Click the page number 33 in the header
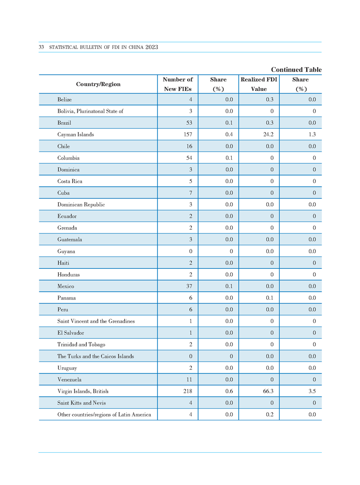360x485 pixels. pos(41,47)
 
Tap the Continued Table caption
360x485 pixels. pos(296,70)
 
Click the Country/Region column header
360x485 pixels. pos(98,84)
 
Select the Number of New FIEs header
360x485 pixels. pos(178,84)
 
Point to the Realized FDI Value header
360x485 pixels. pos(259,84)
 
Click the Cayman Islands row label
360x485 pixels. pos(75,135)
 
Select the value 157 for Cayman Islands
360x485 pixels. pos(188,135)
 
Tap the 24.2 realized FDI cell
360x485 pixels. pos(268,135)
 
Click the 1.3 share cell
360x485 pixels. pos(312,135)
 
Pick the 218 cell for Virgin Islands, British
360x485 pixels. pos(188,391)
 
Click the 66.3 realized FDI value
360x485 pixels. pos(268,391)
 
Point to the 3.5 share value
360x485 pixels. pos(312,391)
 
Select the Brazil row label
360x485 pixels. pos(64,123)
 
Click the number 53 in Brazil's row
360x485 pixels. pos(189,123)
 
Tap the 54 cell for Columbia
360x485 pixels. pos(189,158)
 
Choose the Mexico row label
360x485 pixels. pos(66,286)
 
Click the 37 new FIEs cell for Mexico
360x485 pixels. pos(189,286)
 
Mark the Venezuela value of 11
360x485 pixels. pos(189,380)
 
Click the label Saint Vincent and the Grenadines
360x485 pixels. pos(96,321)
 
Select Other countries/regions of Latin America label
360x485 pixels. pos(104,414)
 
